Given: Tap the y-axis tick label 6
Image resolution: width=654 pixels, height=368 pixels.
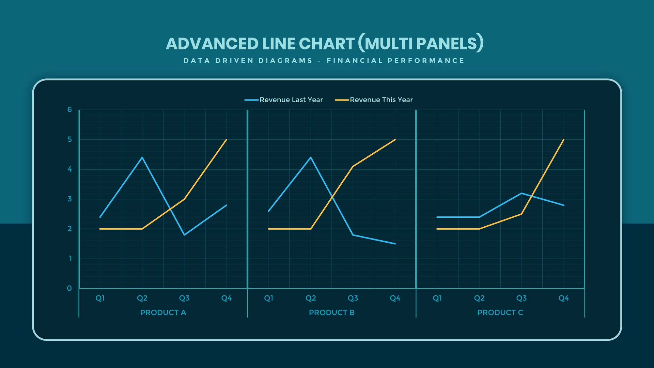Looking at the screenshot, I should [x=70, y=110].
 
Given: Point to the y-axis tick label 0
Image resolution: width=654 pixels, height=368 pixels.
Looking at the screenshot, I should [x=69, y=289].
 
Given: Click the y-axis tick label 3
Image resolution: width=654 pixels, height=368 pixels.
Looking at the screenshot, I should [x=70, y=199].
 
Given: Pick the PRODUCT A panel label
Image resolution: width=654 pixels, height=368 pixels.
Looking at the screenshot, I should [x=163, y=312].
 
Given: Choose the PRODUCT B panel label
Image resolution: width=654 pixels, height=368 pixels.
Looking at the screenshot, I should [x=332, y=312].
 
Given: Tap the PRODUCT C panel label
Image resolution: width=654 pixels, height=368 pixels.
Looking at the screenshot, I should [x=500, y=312].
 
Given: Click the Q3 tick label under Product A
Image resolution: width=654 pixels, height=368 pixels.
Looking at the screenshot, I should [x=184, y=298].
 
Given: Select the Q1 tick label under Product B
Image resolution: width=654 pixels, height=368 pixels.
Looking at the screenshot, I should [x=268, y=298].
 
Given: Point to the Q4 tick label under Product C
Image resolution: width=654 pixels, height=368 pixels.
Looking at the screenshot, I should [x=564, y=298].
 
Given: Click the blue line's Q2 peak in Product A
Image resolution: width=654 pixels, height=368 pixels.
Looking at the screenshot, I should [x=142, y=157].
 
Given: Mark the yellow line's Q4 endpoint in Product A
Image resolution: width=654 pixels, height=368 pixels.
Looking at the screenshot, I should [x=227, y=140].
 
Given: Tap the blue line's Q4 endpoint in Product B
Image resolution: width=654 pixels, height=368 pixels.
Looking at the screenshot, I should [x=395, y=244].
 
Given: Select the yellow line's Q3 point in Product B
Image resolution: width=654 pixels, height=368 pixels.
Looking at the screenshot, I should [x=353, y=166].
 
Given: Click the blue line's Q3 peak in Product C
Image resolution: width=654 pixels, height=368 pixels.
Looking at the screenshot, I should [x=521, y=193].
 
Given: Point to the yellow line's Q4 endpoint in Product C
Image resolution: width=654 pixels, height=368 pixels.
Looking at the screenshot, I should [x=564, y=140].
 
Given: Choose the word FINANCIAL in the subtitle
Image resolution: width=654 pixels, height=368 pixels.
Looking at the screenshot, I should [x=355, y=61].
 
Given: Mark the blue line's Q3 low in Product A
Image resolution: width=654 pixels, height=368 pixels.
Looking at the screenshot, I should [x=184, y=235].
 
